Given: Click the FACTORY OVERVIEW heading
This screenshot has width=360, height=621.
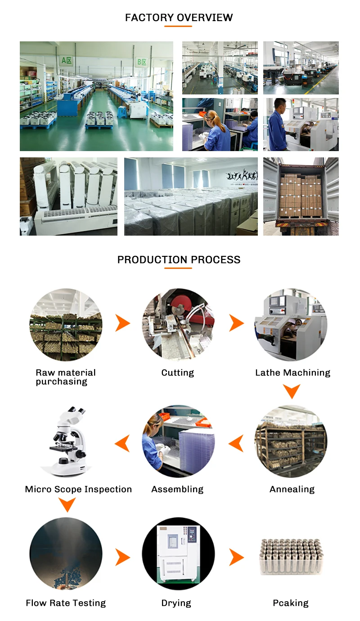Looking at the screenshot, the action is tap(179, 18).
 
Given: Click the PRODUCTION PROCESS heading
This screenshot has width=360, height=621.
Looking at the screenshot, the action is tap(179, 259).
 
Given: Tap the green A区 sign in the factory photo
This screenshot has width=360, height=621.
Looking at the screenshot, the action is tap(67, 61).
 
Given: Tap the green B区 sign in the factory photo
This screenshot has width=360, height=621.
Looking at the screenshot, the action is tap(141, 62).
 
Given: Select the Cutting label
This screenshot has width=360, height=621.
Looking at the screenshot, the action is tap(178, 373).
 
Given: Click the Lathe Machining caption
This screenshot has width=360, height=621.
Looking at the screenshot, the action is tap(292, 373).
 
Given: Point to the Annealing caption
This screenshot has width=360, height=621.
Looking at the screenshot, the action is tap(292, 489).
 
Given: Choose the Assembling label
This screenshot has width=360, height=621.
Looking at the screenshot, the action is tap(177, 489).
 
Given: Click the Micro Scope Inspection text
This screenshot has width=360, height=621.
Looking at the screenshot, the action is tap(78, 489).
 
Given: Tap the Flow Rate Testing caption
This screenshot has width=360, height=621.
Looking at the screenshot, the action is tap(66, 603).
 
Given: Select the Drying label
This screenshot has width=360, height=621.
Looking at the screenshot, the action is tap(176, 603).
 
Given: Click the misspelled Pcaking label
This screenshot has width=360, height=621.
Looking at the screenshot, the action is tap(291, 603).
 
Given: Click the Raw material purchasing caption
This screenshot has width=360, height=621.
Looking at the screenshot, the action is tap(66, 377).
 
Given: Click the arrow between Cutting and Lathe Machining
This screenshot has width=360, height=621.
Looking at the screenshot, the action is tap(236, 323).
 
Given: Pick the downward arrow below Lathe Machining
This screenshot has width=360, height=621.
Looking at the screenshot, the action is tap(292, 391).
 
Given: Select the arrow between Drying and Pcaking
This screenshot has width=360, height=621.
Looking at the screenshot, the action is tap(236, 557).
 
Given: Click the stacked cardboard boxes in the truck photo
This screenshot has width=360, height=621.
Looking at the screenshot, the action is tap(300, 196).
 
